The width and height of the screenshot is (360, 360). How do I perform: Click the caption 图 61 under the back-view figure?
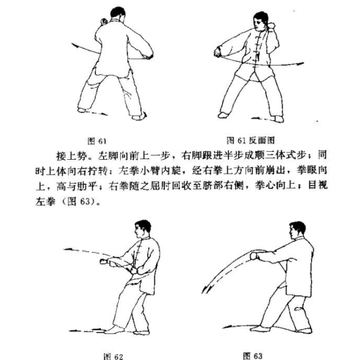(97, 141)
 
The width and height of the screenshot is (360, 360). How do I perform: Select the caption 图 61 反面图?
(251, 140)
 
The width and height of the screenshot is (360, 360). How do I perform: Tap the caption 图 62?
(113, 356)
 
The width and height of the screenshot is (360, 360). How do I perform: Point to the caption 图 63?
(253, 356)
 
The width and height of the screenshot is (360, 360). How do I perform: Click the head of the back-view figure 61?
(117, 14)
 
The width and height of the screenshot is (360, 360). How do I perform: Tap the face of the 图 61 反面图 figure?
(258, 24)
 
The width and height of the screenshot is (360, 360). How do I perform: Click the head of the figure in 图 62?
(142, 229)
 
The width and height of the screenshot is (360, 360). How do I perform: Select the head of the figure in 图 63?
(297, 230)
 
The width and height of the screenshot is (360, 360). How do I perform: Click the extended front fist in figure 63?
(254, 256)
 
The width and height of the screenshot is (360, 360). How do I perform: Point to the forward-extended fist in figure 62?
(104, 261)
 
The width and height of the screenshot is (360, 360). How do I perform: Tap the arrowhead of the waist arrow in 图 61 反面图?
(300, 63)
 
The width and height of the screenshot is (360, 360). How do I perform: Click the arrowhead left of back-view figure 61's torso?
(75, 45)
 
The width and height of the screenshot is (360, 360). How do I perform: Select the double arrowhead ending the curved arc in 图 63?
(206, 289)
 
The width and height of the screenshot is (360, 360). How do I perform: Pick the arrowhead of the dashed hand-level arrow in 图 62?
(68, 250)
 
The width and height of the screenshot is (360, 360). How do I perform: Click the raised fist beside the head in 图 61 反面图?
(272, 26)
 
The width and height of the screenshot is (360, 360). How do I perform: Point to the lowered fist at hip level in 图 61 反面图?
(217, 53)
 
